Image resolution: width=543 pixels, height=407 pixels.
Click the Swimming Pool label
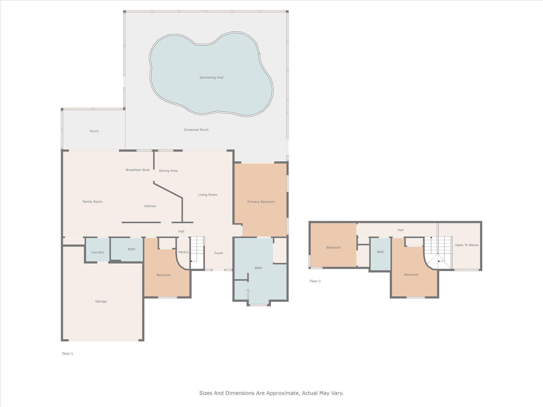[x=211, y=78]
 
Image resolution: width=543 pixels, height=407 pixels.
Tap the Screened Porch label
[x=196, y=130]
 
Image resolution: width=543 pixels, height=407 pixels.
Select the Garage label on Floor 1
[x=101, y=301]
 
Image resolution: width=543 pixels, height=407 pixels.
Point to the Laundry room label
[x=98, y=252]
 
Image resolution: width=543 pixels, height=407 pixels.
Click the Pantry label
[x=183, y=252]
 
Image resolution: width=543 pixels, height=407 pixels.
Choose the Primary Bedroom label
[x=261, y=202]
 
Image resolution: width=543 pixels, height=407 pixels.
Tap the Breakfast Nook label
[x=138, y=170]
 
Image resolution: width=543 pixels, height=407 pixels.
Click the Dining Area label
[x=168, y=171]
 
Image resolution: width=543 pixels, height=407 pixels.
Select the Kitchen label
[x=150, y=206]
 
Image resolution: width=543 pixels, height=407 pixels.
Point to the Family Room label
[x=92, y=202]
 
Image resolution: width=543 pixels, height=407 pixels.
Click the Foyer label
[x=219, y=253]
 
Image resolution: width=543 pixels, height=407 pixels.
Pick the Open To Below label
[x=467, y=245]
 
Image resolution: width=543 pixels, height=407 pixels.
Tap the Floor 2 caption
[x=315, y=281]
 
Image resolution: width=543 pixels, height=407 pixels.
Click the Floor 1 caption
[x=67, y=353]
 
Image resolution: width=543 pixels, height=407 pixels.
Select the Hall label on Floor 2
[x=400, y=230]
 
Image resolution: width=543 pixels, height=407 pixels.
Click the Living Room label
[x=208, y=195]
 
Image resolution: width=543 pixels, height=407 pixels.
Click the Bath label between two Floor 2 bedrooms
[x=380, y=252]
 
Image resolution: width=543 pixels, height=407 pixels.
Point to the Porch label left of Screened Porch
[x=94, y=131]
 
